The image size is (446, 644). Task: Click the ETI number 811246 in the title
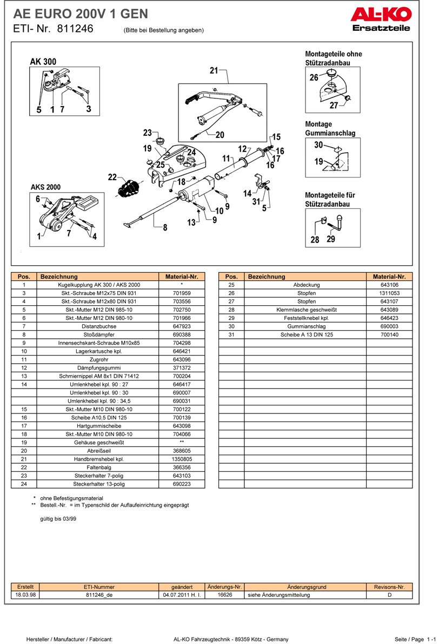coord(75,29)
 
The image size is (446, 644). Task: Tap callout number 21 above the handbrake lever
coord(214,70)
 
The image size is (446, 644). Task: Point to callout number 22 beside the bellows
coord(112,177)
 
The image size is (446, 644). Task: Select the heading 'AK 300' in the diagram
coord(43,62)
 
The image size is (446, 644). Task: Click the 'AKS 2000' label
coord(45,187)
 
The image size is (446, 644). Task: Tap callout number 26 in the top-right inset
coord(314,77)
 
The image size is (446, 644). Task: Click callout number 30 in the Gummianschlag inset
coord(318,144)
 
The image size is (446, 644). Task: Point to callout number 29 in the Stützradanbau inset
coord(331,239)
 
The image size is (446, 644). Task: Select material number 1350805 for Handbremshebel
coord(182,459)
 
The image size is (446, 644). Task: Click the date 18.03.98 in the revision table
coord(25,595)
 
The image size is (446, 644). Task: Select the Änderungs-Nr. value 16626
coord(224,595)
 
